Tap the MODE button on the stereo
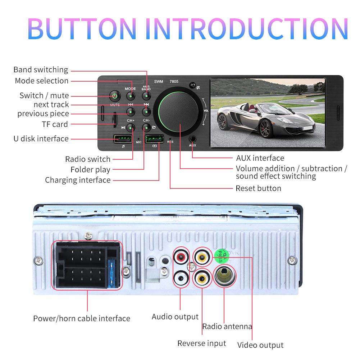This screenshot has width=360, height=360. point(131,96)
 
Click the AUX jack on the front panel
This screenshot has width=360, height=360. point(193,138)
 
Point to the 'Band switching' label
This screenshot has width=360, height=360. point(41,70)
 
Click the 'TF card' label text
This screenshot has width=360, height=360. point(55,124)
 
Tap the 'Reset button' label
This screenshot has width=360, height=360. point(258,188)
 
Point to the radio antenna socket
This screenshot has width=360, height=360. point(224,276)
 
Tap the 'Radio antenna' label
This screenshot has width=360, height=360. point(227,327)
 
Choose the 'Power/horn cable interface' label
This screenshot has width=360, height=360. point(82,318)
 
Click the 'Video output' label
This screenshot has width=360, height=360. point(260,345)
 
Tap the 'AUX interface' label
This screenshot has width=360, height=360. point(260,158)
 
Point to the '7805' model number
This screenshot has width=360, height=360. point(174,82)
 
